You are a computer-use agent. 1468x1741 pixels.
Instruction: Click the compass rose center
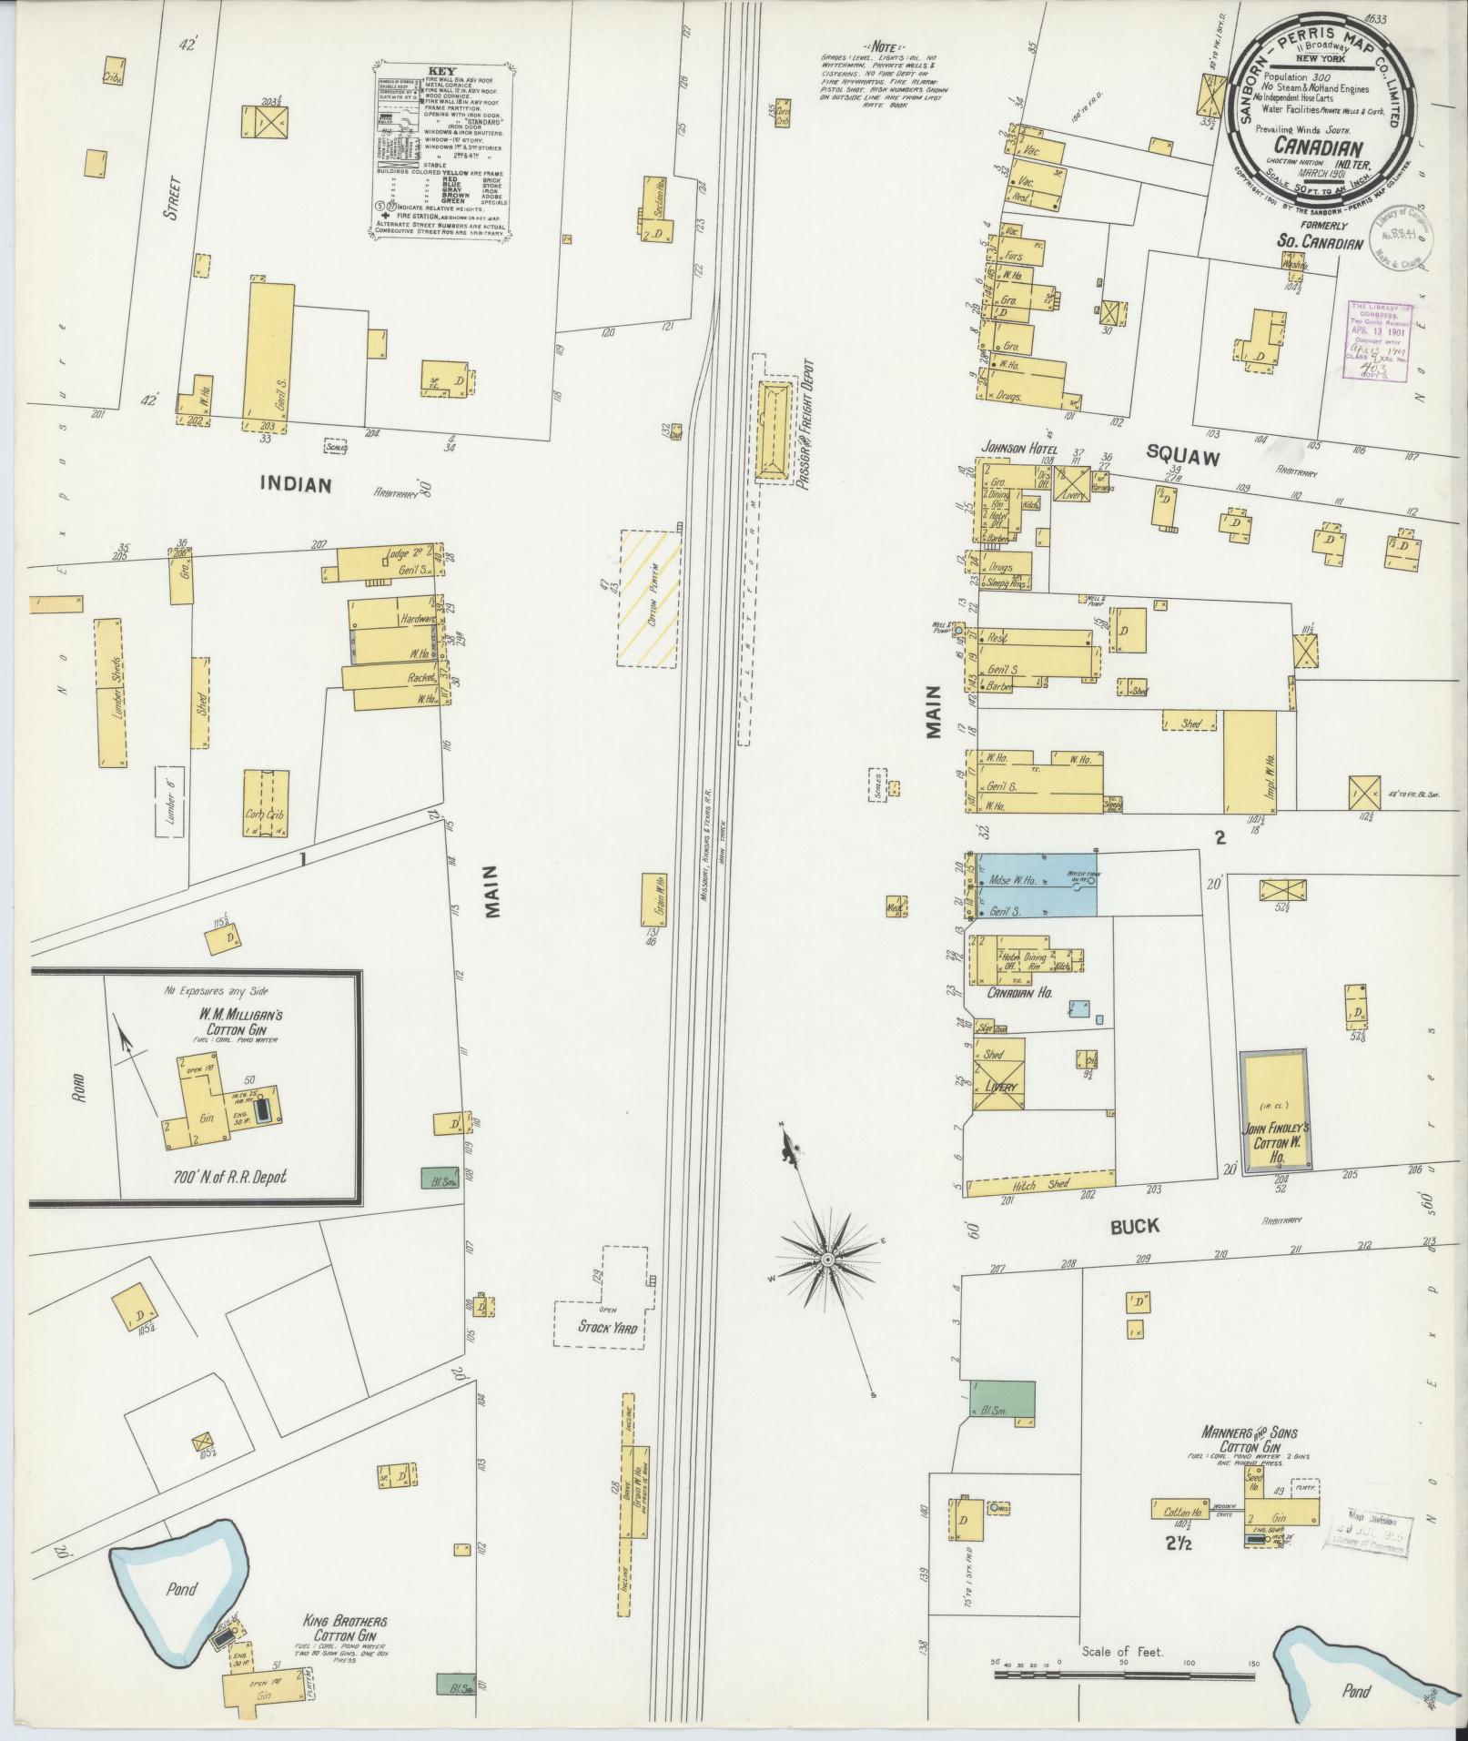pos(828,1260)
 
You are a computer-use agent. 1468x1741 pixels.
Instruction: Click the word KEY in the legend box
pos(441,70)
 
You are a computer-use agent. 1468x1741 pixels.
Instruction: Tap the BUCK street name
pos(1134,1226)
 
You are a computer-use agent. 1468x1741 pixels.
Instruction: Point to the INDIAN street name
pos(295,484)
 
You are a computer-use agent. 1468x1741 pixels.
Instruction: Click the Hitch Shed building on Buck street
pos(1040,1186)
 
